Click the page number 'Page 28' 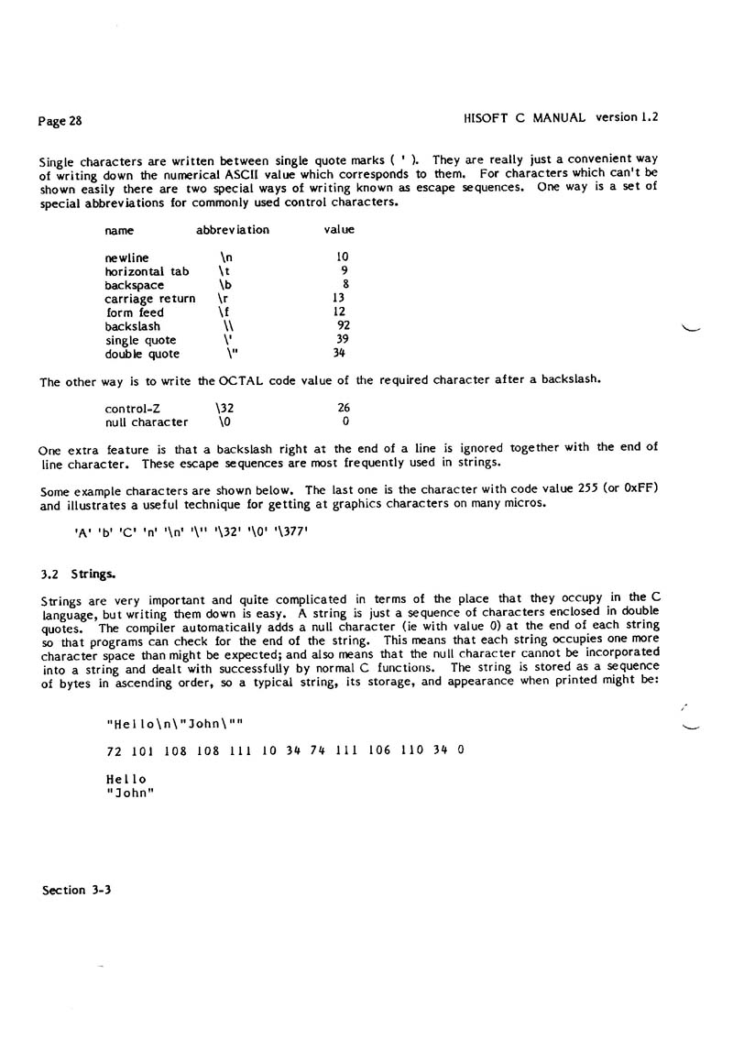pyautogui.click(x=61, y=120)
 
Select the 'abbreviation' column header pyautogui.click(x=233, y=230)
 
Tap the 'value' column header pyautogui.click(x=339, y=230)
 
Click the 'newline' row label pyautogui.click(x=126, y=257)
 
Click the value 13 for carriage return pyautogui.click(x=338, y=299)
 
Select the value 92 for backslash pyautogui.click(x=343, y=326)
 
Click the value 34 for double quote pyautogui.click(x=339, y=354)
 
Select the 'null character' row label pyautogui.click(x=147, y=422)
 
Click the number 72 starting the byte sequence pyautogui.click(x=115, y=750)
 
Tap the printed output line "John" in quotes pyautogui.click(x=129, y=794)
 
